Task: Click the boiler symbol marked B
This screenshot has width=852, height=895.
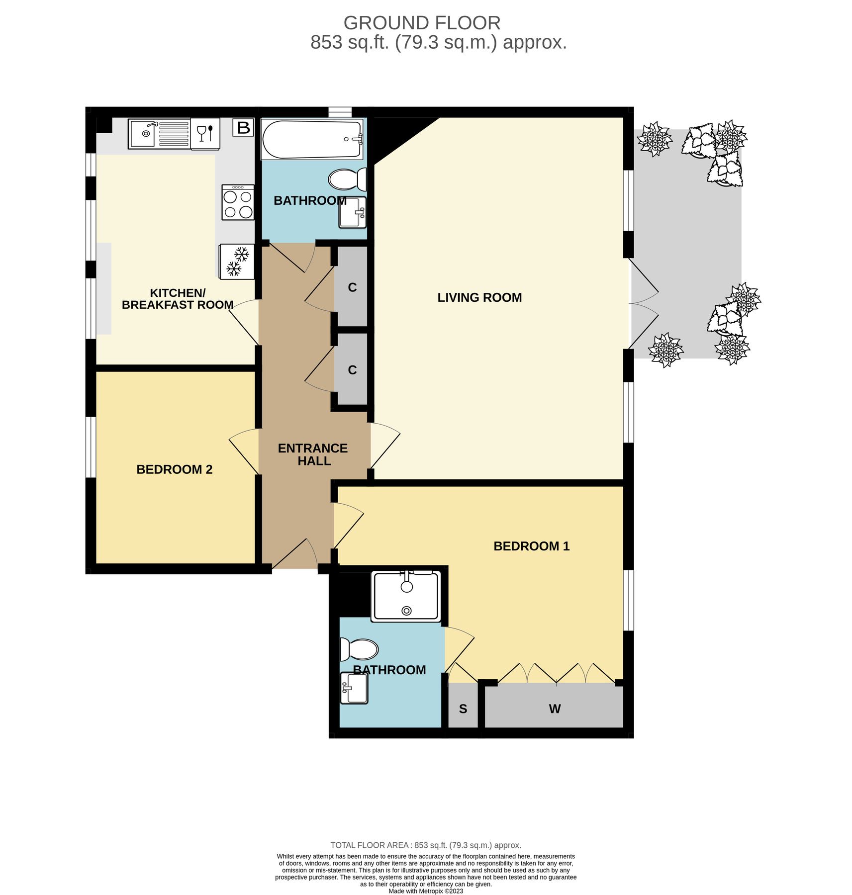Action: [243, 128]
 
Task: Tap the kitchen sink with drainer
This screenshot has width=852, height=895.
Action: [159, 134]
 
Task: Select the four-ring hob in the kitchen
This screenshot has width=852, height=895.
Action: [238, 202]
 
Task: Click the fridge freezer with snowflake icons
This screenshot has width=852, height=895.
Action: [237, 262]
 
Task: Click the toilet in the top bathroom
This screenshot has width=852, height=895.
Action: [348, 179]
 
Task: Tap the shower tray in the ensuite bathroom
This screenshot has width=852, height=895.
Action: [406, 596]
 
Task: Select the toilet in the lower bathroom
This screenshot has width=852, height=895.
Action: [359, 649]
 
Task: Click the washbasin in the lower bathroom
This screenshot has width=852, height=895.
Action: [354, 688]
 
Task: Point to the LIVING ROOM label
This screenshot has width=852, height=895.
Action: [479, 297]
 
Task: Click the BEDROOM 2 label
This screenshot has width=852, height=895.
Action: [174, 469]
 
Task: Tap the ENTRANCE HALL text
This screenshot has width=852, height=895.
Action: [313, 454]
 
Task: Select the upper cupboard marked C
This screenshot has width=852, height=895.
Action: [352, 287]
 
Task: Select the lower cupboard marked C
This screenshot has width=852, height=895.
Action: [352, 370]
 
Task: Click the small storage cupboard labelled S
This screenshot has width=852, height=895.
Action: [463, 709]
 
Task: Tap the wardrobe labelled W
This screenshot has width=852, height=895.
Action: [554, 709]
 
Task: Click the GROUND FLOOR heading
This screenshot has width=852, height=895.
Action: [422, 23]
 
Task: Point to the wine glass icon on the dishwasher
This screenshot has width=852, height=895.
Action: [201, 133]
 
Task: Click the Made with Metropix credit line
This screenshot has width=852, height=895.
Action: [426, 891]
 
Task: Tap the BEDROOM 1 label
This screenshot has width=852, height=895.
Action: [531, 546]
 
